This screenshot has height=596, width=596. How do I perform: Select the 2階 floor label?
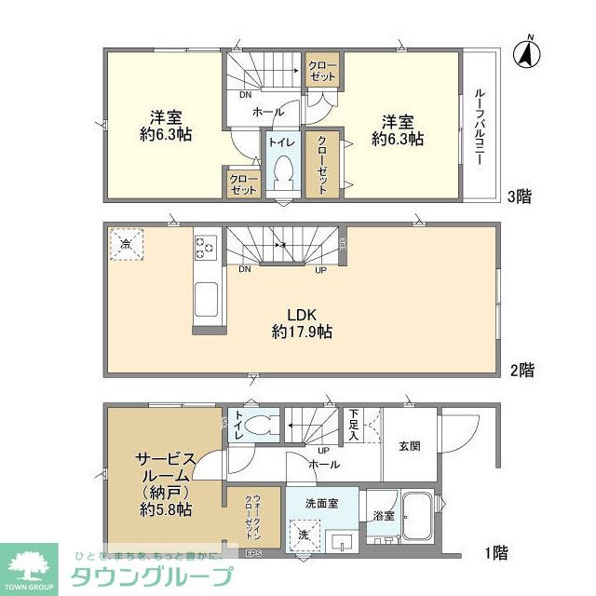(522, 370)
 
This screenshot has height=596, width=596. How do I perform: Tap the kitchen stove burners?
(205, 249)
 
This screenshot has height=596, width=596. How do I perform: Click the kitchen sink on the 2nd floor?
(206, 302)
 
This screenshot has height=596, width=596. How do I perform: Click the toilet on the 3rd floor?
(282, 170)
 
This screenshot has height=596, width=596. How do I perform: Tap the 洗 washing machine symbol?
(305, 535)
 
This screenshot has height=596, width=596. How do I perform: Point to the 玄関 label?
(408, 446)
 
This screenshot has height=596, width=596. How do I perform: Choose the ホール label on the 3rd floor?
(268, 112)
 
